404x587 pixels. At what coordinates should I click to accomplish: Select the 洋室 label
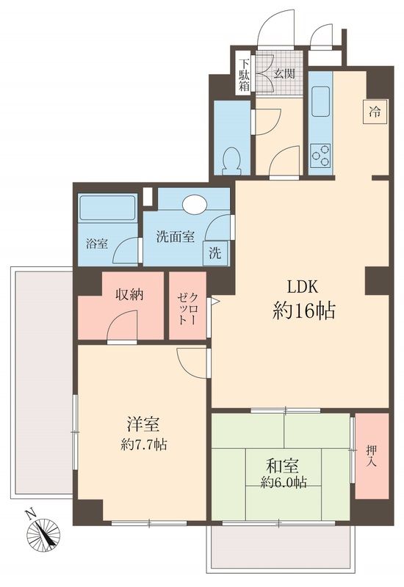point(143,425)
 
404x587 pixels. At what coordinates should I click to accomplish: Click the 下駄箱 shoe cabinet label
point(243,73)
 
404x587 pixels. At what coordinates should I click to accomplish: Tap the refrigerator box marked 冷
point(375,112)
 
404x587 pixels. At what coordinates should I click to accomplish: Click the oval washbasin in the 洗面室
point(195,205)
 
